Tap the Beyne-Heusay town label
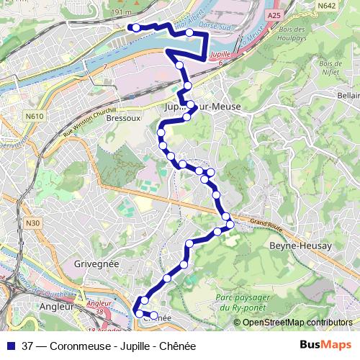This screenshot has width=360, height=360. (300, 246)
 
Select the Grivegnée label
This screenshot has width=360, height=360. (96, 264)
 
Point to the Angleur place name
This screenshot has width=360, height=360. (58, 306)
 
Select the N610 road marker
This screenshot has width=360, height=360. (34, 116)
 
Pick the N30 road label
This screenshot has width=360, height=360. (32, 224)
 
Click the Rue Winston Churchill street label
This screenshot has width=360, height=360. (89, 122)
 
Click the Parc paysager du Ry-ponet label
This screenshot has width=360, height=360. (242, 302)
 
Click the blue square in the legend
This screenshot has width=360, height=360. (11, 346)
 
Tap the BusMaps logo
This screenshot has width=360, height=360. (324, 346)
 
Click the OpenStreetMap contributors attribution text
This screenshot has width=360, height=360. (297, 322)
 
